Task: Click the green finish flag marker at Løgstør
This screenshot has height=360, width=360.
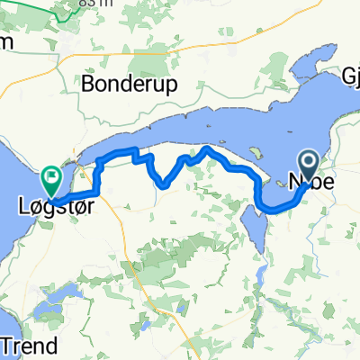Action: pyautogui.click(x=53, y=177)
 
